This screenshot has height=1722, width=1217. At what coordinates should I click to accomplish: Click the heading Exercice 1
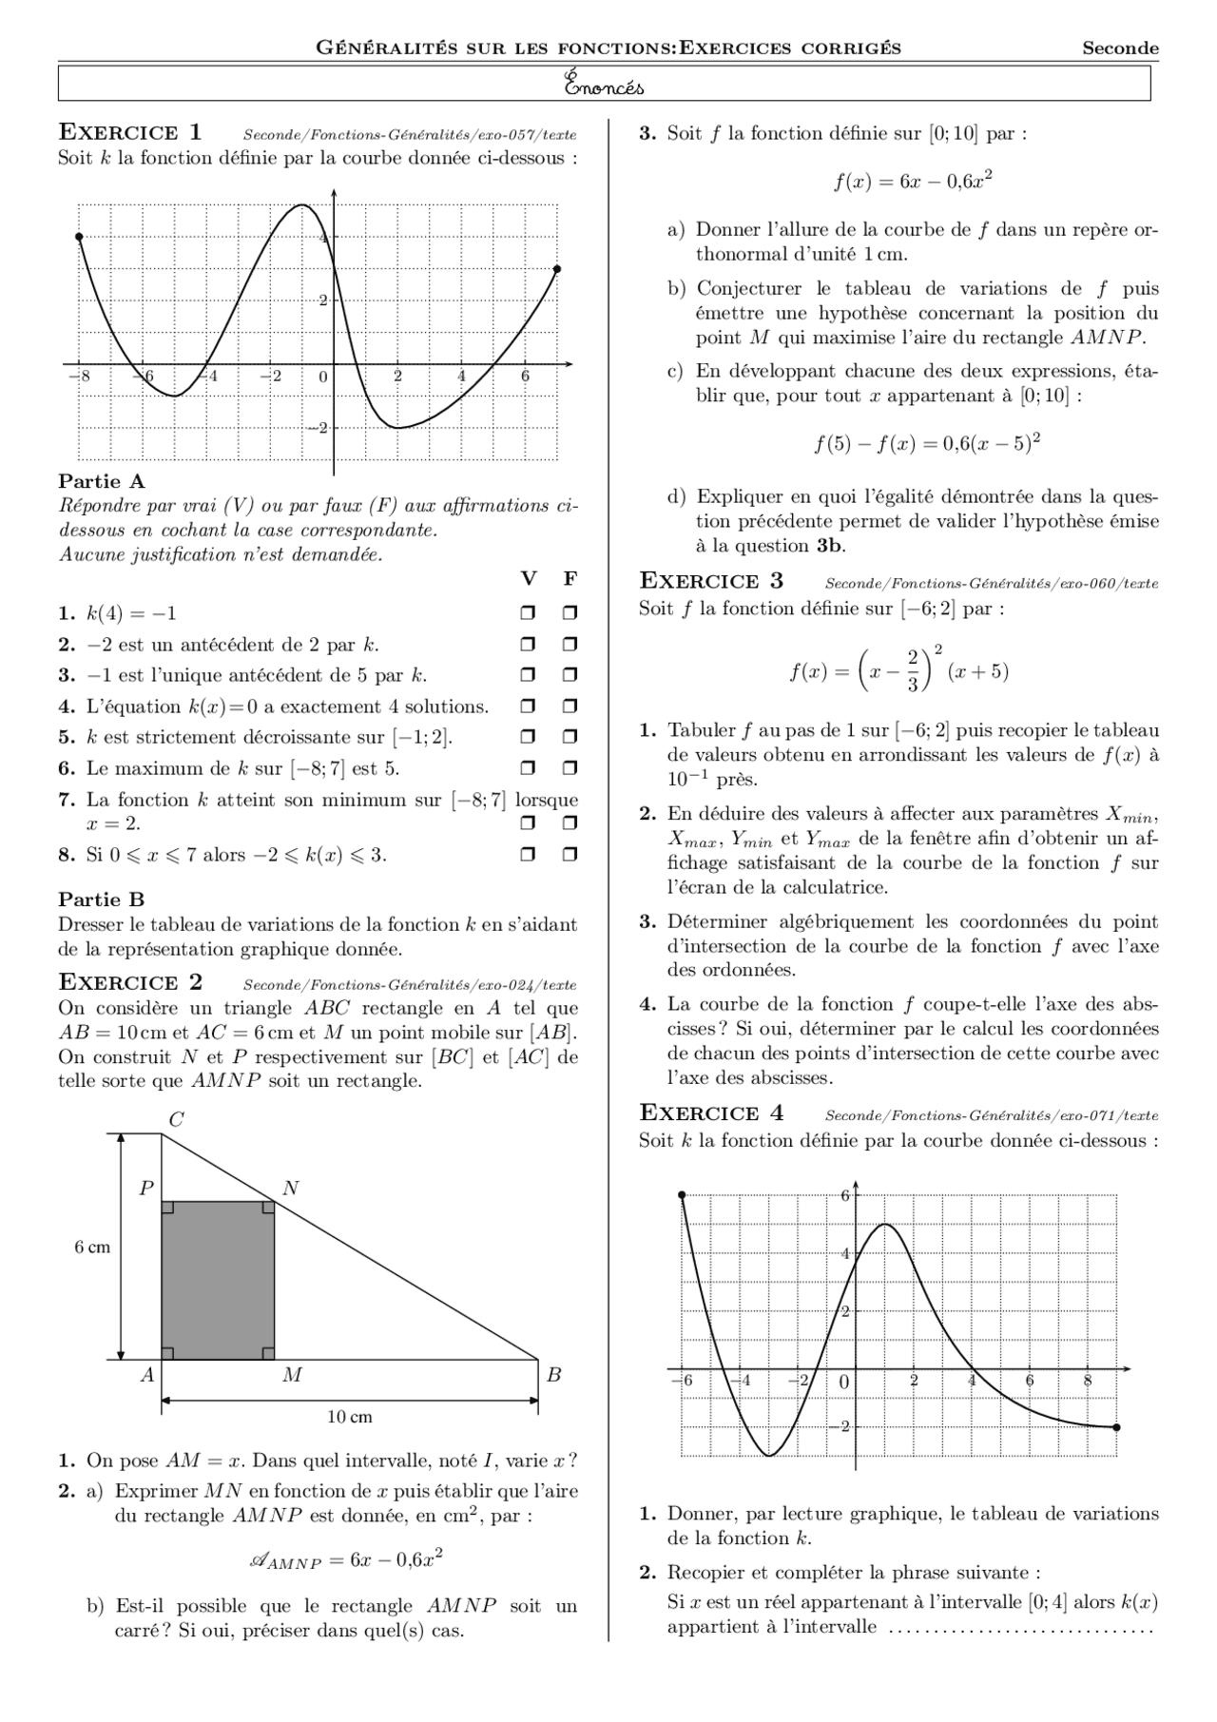130,132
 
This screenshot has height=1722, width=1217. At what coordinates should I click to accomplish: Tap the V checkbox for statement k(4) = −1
528,612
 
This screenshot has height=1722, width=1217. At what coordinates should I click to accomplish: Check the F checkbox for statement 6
570,767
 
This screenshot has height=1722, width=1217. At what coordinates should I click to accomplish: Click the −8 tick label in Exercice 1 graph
80,377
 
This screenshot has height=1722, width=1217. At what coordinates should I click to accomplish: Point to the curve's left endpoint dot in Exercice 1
79,237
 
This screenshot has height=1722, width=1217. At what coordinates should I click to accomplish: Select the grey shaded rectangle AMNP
218,1280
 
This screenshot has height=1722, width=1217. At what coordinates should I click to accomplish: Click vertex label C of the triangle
176,1120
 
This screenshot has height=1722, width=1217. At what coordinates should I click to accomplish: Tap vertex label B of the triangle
554,1375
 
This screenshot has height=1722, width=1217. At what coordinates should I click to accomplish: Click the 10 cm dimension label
349,1417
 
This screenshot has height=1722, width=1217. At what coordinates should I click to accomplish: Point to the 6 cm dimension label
92,1248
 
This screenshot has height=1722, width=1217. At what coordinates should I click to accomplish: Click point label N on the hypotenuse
291,1188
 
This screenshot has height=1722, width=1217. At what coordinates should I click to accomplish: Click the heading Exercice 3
711,581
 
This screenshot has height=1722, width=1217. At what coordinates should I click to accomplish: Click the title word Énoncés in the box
604,86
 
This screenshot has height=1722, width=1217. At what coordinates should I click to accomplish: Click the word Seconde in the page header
1120,48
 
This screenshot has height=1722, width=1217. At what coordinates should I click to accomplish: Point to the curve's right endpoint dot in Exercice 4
1116,1426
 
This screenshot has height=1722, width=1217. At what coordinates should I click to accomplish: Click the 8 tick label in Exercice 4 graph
1087,1381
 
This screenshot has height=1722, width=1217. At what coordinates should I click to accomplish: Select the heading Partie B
102,900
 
